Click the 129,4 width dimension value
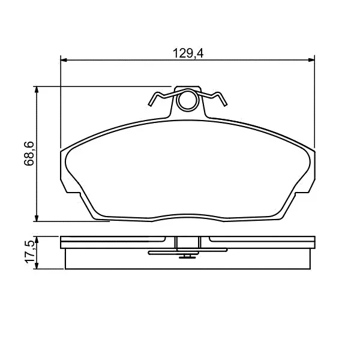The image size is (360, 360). click(188, 53)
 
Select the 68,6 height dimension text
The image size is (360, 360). click(29, 154)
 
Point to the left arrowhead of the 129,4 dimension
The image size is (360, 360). click(64, 60)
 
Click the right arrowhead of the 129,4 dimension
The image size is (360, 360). click(311, 60)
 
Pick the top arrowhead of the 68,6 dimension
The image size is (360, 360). click(36, 90)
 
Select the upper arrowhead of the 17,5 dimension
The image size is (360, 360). click(36, 239)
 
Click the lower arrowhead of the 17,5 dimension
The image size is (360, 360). click(36, 266)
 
